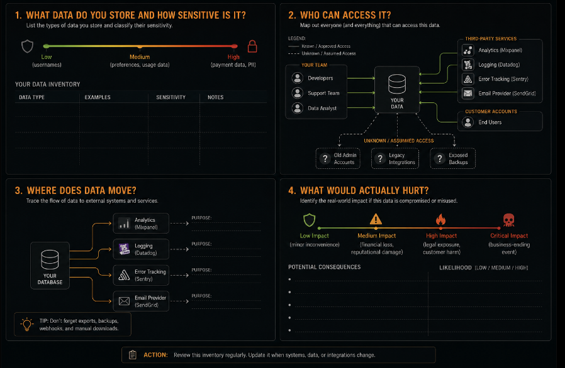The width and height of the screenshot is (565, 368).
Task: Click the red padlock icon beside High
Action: coord(252,46)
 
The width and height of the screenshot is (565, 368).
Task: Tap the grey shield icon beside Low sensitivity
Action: coord(28,46)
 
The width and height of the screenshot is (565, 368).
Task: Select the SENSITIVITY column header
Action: coord(171,97)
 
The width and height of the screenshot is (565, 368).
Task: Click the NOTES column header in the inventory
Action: coord(215,97)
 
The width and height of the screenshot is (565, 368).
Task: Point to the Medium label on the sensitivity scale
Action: coord(140,57)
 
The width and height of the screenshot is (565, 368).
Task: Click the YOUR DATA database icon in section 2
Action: coord(397,84)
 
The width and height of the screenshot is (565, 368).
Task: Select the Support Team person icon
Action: coord(297,93)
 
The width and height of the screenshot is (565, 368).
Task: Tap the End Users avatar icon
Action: coord(467,122)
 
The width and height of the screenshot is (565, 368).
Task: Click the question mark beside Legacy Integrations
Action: coord(380,159)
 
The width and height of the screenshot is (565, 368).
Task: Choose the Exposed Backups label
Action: coord(458,159)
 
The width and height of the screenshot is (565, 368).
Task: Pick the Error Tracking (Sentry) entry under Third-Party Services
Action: coord(503,79)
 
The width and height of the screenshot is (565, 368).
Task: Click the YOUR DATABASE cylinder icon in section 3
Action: coord(50,260)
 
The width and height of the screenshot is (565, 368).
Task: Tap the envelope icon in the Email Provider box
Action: coord(124,301)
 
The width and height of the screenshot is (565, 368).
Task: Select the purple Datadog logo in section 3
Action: coord(124,249)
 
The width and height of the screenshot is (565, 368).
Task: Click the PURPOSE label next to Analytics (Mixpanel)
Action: coord(201,218)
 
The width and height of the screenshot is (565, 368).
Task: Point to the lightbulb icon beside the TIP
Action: coord(26,324)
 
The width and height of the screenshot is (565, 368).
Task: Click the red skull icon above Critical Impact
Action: coord(508,220)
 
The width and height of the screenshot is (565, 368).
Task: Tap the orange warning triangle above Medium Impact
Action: coord(376,219)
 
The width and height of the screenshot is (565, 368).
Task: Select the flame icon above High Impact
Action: coord(440,219)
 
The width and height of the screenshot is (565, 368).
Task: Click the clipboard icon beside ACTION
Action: coord(133,355)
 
